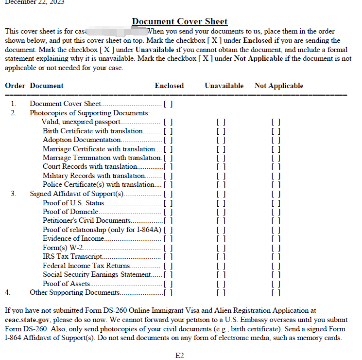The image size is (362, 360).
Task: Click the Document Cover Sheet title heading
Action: [180, 21]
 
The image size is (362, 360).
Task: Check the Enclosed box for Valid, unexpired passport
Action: [168, 122]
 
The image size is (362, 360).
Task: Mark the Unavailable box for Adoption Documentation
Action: [221, 140]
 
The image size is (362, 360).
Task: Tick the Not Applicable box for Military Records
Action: [276, 176]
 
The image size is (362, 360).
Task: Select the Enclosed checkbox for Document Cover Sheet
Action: [168, 104]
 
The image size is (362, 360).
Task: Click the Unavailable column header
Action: [224, 86]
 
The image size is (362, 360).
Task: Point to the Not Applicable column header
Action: [278, 86]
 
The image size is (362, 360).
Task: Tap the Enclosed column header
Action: [169, 86]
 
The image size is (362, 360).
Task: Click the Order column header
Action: [15, 86]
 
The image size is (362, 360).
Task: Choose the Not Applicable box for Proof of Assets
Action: [276, 284]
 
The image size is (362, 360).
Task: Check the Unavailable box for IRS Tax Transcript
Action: [221, 256]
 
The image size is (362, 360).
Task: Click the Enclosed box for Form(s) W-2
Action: [168, 248]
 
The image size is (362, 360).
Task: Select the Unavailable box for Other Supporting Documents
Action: [221, 292]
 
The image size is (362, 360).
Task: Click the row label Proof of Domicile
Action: [70, 212]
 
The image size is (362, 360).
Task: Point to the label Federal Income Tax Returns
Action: [86, 266]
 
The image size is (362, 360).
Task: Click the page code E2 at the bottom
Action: [179, 356]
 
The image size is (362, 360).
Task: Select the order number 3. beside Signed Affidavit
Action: [14, 194]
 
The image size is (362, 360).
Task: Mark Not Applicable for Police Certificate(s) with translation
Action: [276, 184]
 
